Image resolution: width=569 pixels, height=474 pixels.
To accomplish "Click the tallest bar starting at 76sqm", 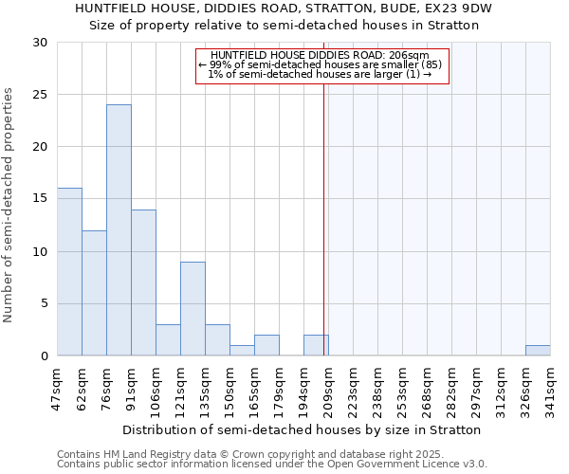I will click(119, 230).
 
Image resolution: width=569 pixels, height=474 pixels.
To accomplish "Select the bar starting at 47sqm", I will click(69, 272).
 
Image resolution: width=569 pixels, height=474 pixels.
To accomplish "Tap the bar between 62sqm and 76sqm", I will click(94, 293).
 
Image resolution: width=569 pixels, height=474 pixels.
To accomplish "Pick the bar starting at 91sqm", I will click(143, 283).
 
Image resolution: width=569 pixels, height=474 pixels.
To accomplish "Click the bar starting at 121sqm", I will click(193, 309).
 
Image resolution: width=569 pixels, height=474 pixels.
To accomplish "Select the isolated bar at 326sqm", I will click(538, 351).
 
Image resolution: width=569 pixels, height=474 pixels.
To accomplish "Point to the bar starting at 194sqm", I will click(316, 346).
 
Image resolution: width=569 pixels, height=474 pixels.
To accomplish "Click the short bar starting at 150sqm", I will click(242, 351).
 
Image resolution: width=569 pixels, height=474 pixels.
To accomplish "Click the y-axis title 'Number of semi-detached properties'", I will click(9, 204).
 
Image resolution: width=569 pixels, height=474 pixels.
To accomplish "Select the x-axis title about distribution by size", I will click(303, 429).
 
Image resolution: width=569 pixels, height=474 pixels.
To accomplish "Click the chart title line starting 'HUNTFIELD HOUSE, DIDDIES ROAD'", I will click(284, 9).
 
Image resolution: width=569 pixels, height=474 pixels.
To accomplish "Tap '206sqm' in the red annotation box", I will click(410, 56).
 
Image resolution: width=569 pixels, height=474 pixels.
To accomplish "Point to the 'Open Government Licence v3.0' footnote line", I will click(272, 465).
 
